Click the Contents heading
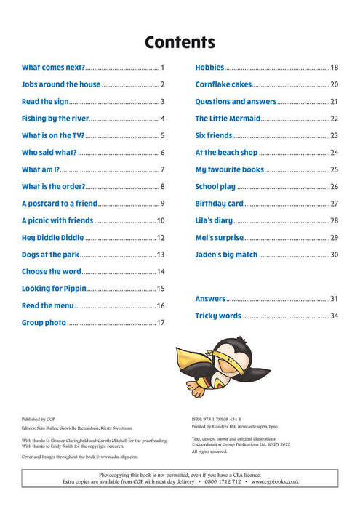pyautogui.click(x=180, y=41)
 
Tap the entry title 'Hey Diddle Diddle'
pyautogui.click(x=53, y=238)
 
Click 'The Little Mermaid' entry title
pyautogui.click(x=225, y=119)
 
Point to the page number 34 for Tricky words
pyautogui.click(x=335, y=316)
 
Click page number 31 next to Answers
pyautogui.click(x=335, y=299)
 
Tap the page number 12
pyautogui.click(x=161, y=238)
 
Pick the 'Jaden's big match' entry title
pyautogui.click(x=225, y=254)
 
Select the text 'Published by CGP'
pyautogui.click(x=39, y=420)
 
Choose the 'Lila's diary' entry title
pyautogui.click(x=214, y=220)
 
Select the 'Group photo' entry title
pyautogui.click(x=44, y=323)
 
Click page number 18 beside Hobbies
pyautogui.click(x=335, y=68)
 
